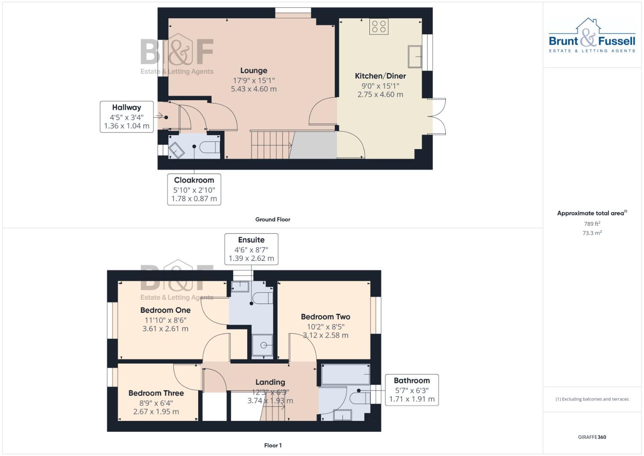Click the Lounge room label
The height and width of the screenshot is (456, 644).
pos(253,71)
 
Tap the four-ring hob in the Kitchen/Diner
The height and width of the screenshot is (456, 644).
pos(379,26)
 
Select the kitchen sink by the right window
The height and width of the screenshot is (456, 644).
pos(415,57)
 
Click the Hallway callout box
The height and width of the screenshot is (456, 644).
pos(127,117)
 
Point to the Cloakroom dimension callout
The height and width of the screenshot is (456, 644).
pos(194,189)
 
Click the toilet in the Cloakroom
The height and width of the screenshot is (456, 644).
pos(210,147)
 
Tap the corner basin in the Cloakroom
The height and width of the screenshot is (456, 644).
pos(176,149)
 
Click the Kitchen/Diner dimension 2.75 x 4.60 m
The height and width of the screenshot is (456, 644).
pos(380,95)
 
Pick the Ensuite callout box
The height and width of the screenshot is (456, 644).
pos(251,249)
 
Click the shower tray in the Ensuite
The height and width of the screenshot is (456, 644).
pos(262,345)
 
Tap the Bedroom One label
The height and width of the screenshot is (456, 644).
pos(165,310)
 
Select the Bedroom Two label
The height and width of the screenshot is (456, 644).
pos(325,317)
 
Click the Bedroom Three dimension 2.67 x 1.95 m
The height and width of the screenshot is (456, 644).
pos(156,412)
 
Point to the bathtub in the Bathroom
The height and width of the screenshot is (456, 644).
pos(345,375)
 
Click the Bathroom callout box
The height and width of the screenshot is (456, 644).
pos(412,390)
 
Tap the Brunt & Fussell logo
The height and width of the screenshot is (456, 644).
pos(592,36)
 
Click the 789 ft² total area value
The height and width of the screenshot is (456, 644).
pos(592,224)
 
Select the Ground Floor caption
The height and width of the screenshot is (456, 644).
pos(272,220)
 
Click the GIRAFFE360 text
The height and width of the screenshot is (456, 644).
pos(592,437)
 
